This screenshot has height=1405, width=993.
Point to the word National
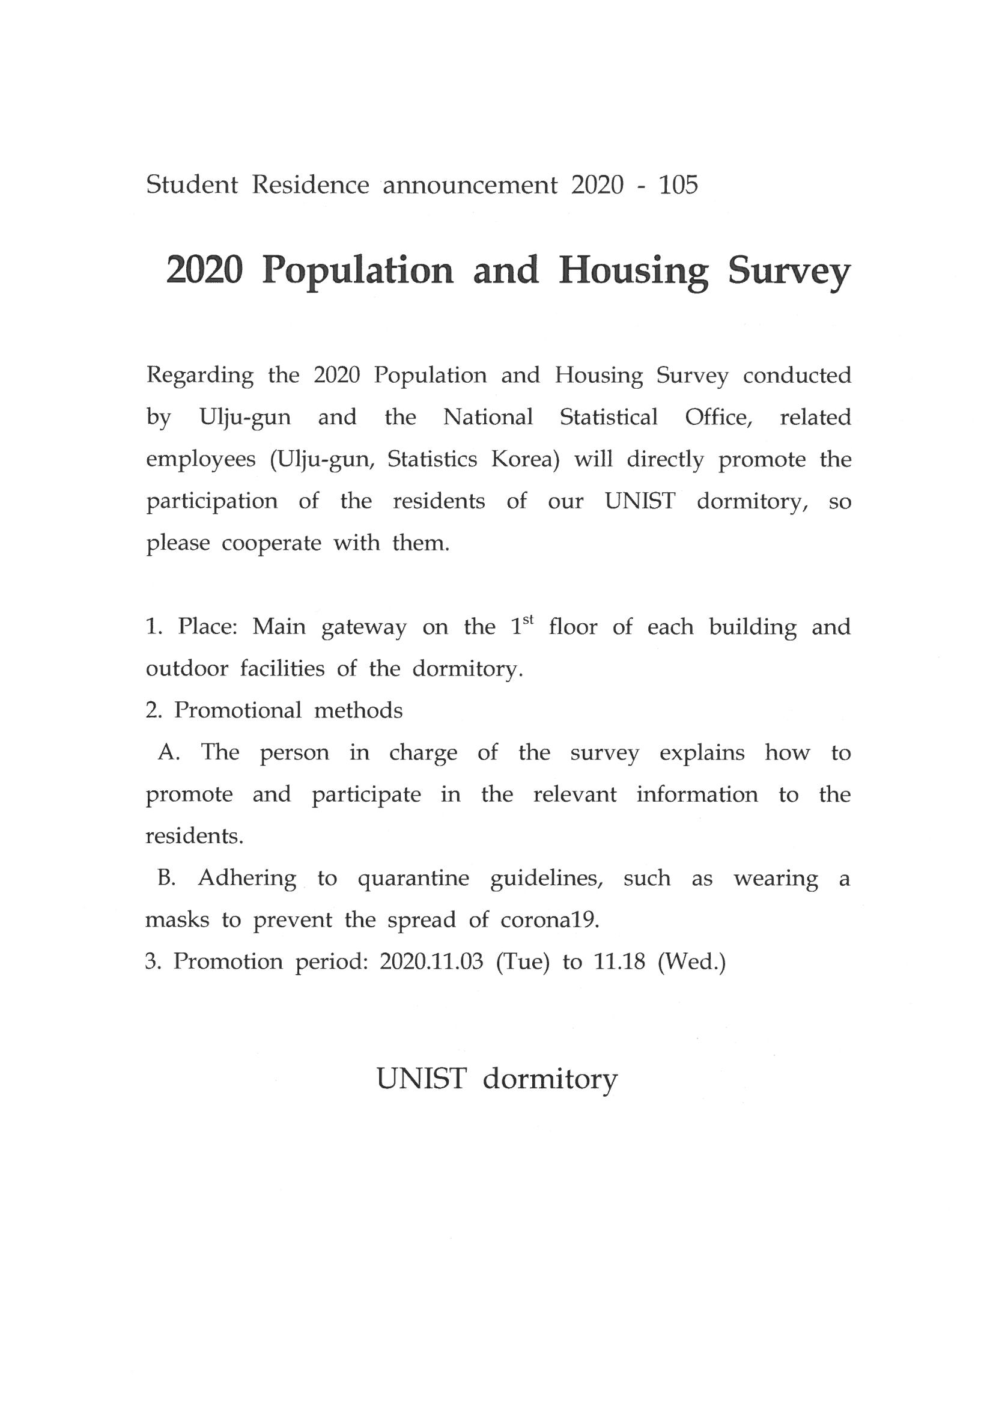pyautogui.click(x=488, y=417)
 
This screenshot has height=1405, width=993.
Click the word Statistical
pyautogui.click(x=609, y=417)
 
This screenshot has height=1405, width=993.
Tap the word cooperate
pyautogui.click(x=271, y=543)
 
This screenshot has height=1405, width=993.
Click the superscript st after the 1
pyautogui.click(x=530, y=621)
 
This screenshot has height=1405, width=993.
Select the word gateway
pyautogui.click(x=364, y=629)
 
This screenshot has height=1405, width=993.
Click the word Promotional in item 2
pyautogui.click(x=238, y=710)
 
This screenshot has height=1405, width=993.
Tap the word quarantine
pyautogui.click(x=413, y=879)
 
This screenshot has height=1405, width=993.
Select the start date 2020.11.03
pyautogui.click(x=431, y=962)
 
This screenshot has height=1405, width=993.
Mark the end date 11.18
pyautogui.click(x=619, y=962)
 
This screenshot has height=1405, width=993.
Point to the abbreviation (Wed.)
pyautogui.click(x=691, y=962)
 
